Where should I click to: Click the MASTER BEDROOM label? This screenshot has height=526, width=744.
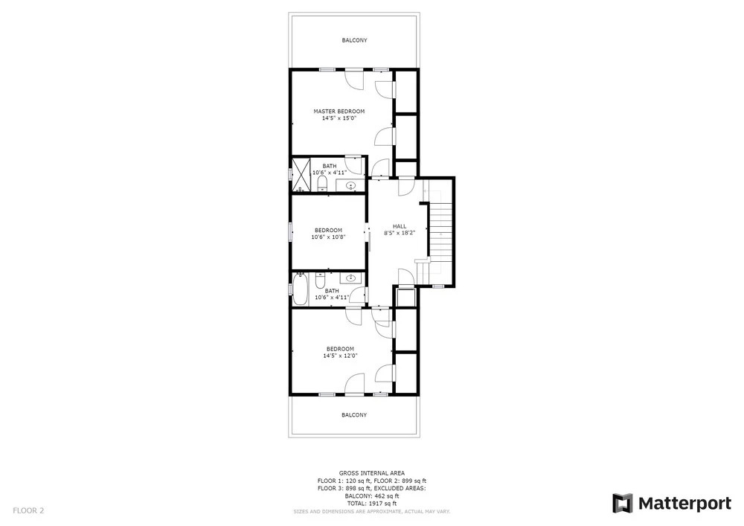tap(339, 112)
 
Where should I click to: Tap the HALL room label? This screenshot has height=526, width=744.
tap(400, 226)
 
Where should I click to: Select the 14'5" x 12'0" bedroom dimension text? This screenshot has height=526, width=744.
tap(340, 356)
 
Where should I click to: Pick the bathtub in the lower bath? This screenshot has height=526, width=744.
tap(300, 289)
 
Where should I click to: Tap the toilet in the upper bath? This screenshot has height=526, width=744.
tap(322, 184)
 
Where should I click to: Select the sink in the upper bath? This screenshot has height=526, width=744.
tap(351, 185)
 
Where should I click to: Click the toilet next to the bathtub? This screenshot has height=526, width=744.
tap(320, 280)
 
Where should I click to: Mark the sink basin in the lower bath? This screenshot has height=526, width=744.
tap(351, 278)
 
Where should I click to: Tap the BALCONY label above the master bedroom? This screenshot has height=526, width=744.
tap(354, 40)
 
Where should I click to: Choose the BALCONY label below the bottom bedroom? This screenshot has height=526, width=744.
tap(354, 415)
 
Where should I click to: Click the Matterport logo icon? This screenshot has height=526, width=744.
tap(623, 503)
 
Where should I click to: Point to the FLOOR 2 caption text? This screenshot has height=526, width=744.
tap(28, 511)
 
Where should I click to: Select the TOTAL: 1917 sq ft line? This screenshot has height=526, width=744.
tap(371, 503)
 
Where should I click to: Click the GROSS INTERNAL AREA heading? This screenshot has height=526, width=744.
tap(371, 473)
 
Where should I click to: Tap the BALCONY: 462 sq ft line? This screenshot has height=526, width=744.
tap(371, 495)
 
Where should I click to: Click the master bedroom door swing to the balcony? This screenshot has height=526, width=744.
tap(355, 80)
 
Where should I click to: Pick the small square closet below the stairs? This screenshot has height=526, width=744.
tap(406, 297)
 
